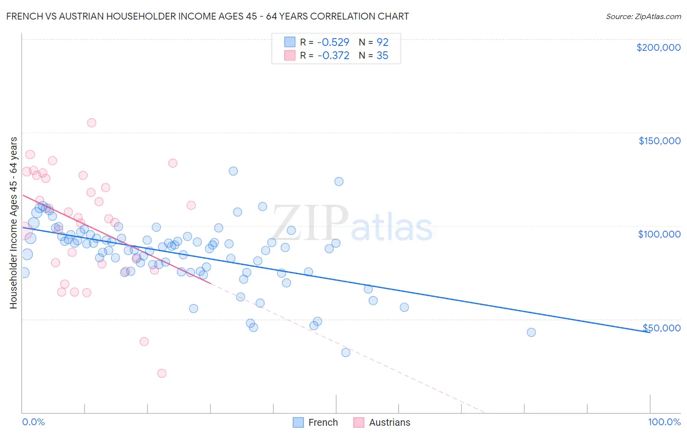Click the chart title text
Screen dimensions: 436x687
coord(208,16)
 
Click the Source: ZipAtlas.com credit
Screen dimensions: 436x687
coord(643,16)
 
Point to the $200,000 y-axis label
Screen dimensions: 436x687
coord(658,47)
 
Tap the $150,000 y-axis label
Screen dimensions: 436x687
coord(659,141)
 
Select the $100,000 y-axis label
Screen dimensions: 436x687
coord(659,234)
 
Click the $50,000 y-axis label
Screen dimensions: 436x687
coord(661,328)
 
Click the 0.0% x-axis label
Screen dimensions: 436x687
coord(33,422)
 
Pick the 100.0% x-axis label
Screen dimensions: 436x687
coord(664,422)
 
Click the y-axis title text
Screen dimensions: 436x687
coord(13,223)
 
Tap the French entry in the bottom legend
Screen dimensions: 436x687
coord(322,422)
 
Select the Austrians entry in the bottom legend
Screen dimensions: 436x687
coord(389,422)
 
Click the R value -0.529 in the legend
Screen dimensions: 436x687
coord(333,42)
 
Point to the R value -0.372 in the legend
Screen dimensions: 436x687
coord(333,56)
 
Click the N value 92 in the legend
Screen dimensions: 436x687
coord(382,42)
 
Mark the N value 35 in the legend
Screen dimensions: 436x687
coord(382,56)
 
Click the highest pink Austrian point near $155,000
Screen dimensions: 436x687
coord(91,123)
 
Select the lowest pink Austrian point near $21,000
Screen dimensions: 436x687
coord(162,373)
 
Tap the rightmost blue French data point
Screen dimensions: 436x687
coord(531,332)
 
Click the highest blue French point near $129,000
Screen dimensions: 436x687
coord(233,171)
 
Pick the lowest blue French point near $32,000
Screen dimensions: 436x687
coord(345,352)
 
